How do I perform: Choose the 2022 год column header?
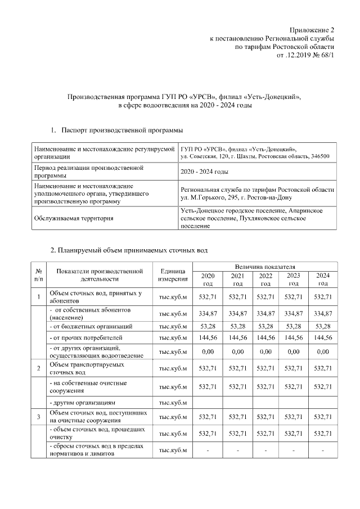coord(264,279)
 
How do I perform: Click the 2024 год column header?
coord(323,279)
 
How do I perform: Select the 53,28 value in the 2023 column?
coord(293,326)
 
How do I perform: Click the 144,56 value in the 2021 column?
coord(236,338)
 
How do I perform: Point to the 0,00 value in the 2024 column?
coord(323,352)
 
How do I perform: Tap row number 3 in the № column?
coord(38,417)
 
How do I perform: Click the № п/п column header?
coord(38,274)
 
